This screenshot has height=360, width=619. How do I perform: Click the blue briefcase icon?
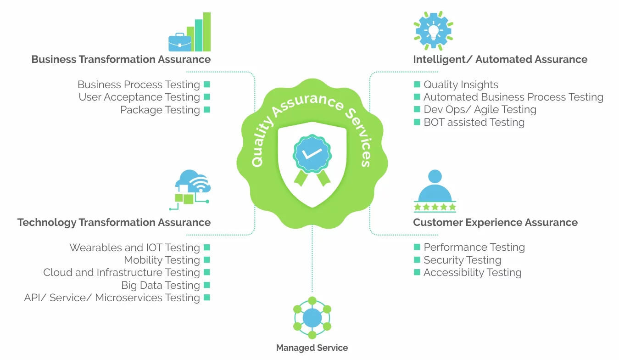pos(179,43)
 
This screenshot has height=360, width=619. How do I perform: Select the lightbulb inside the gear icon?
pos(433,30)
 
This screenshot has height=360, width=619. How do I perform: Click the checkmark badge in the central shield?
pos(312,154)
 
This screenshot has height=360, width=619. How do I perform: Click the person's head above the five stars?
pos(435,176)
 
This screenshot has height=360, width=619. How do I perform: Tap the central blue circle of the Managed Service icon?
pos(312,318)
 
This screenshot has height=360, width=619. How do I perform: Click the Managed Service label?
pos(312,348)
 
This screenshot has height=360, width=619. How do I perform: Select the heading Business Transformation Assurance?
pos(121,59)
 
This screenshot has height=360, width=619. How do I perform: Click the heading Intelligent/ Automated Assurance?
pos(500,59)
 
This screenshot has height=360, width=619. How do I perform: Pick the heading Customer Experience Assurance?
pos(495,223)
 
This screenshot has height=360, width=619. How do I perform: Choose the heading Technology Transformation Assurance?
pos(114,223)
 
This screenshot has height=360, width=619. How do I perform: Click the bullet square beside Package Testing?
pos(207,110)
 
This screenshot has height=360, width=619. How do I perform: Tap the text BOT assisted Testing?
pos(474,122)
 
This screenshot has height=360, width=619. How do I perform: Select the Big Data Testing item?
pos(161,285)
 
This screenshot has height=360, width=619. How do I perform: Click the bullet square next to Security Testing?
pos(417,260)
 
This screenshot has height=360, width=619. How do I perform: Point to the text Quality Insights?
pos(461,84)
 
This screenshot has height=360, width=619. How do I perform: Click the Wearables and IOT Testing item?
pos(134,247)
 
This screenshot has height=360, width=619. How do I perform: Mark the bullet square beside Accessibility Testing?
pos(417,272)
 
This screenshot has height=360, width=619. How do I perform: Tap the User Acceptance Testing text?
pos(139,97)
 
